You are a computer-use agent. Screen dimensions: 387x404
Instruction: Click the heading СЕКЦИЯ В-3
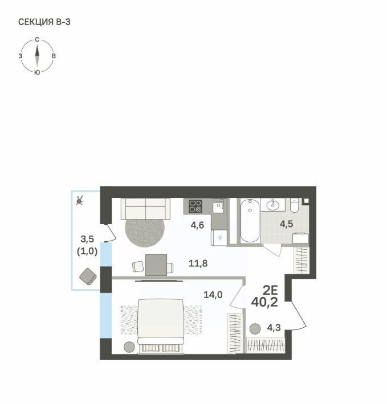pos(44,22)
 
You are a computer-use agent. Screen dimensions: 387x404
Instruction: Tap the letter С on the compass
pos(37,40)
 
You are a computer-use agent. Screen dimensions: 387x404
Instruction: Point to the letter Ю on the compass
pos(37,72)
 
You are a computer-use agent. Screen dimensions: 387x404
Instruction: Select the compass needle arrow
pos(37,56)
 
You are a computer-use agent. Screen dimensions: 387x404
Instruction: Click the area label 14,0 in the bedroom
pos(213,295)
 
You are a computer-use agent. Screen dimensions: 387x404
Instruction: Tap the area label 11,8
pos(198,263)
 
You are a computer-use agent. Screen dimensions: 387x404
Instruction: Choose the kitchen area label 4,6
pos(197,225)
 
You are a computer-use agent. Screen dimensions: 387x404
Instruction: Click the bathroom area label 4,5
pos(286,224)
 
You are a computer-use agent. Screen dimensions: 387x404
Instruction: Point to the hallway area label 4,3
pos(274,328)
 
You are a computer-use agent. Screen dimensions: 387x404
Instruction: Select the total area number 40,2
pos(264,302)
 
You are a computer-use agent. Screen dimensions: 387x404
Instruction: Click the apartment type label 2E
pos(270,291)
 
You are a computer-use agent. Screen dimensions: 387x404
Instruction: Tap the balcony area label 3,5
pos(87,239)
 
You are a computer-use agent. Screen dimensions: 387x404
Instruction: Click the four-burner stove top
pos(195,207)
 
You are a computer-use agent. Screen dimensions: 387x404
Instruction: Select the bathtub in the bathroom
pos(250,221)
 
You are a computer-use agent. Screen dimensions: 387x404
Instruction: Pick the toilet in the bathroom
pos(294,205)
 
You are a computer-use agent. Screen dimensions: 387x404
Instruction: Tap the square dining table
pos(156,265)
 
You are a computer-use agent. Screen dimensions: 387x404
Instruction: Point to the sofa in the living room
pos(145,209)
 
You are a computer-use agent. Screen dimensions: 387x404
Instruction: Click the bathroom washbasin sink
pos(272,205)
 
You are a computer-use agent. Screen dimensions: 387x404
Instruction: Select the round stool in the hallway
pos(255,329)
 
